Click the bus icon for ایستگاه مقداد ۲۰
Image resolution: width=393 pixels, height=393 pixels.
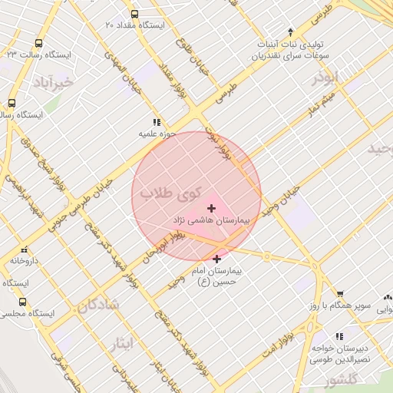[135, 14]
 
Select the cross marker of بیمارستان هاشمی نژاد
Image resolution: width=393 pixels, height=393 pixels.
[211, 208]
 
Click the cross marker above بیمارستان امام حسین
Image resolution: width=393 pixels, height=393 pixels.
[216, 259]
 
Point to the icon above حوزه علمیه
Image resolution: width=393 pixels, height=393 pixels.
[157, 122]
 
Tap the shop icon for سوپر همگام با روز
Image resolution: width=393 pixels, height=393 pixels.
[339, 293]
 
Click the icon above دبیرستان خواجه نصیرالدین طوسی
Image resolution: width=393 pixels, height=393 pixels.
[339, 336]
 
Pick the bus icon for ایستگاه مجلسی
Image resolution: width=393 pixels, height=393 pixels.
[22, 302]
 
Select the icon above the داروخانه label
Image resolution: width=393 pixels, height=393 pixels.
[25, 249]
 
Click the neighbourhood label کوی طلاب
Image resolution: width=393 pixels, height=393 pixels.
[170, 193]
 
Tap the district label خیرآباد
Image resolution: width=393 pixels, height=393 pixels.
[53, 80]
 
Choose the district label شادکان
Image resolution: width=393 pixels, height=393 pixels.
[98, 305]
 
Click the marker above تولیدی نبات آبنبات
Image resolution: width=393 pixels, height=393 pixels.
[290, 31]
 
